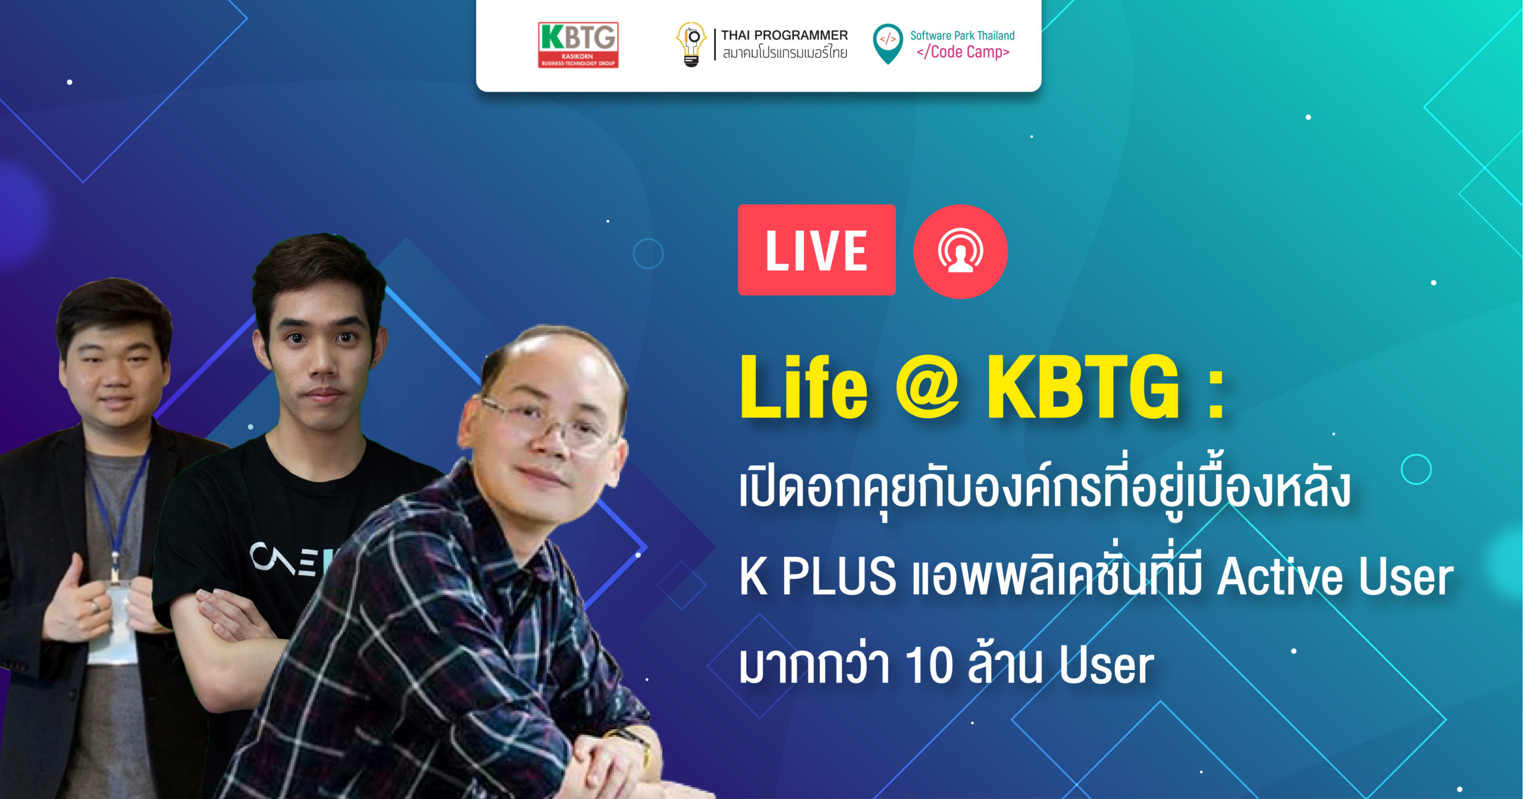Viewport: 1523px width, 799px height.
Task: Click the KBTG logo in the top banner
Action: point(578,45)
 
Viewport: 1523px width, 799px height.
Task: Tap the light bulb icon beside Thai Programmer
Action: point(691,44)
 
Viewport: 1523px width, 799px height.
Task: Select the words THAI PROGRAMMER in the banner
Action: point(784,35)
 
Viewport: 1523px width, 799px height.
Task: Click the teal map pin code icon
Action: point(888,43)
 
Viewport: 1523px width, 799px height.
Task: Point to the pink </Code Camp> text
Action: point(963,52)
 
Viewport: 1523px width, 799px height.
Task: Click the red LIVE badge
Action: point(816,250)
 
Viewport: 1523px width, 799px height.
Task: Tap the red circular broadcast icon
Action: point(960,251)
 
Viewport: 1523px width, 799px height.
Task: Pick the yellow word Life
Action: point(804,387)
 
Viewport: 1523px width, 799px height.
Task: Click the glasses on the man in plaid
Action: point(547,425)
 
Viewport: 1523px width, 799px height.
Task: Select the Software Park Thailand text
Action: point(962,36)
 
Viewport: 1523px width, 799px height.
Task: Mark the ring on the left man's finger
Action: point(94,606)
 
